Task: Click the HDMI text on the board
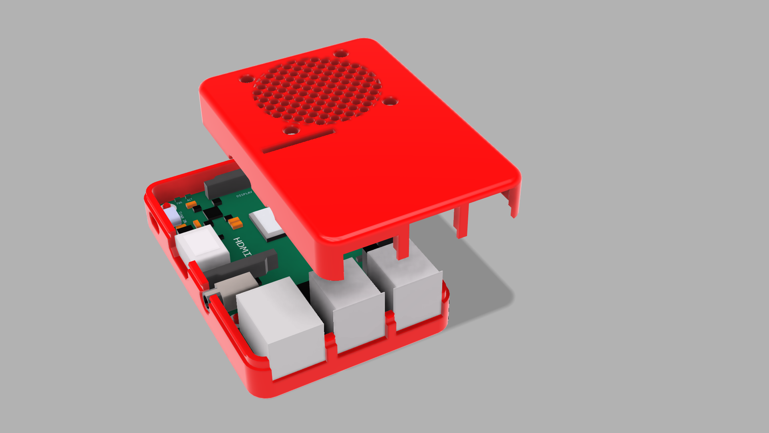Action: [243, 247]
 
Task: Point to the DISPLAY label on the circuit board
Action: [244, 194]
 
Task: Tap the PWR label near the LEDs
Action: [179, 203]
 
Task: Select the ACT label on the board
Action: [189, 200]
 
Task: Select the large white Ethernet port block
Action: [280, 325]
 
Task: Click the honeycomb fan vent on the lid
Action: [316, 90]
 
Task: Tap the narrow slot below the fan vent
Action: [298, 141]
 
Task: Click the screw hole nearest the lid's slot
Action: [291, 130]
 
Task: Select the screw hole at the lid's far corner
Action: [340, 53]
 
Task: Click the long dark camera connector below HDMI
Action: [240, 266]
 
